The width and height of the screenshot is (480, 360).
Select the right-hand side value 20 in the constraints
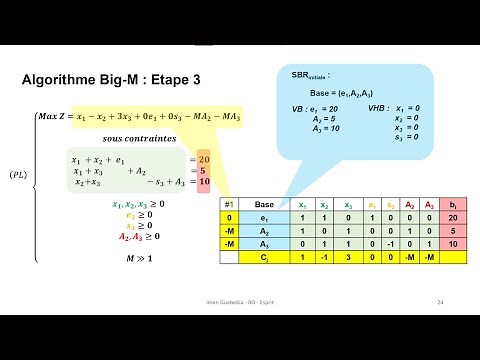tap(203, 158)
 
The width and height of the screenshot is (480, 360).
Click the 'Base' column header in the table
tap(265, 204)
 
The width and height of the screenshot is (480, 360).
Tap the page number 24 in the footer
tap(440, 301)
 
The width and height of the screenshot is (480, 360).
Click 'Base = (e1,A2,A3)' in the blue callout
tap(336, 93)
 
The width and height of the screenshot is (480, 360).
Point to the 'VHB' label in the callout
tap(378, 107)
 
